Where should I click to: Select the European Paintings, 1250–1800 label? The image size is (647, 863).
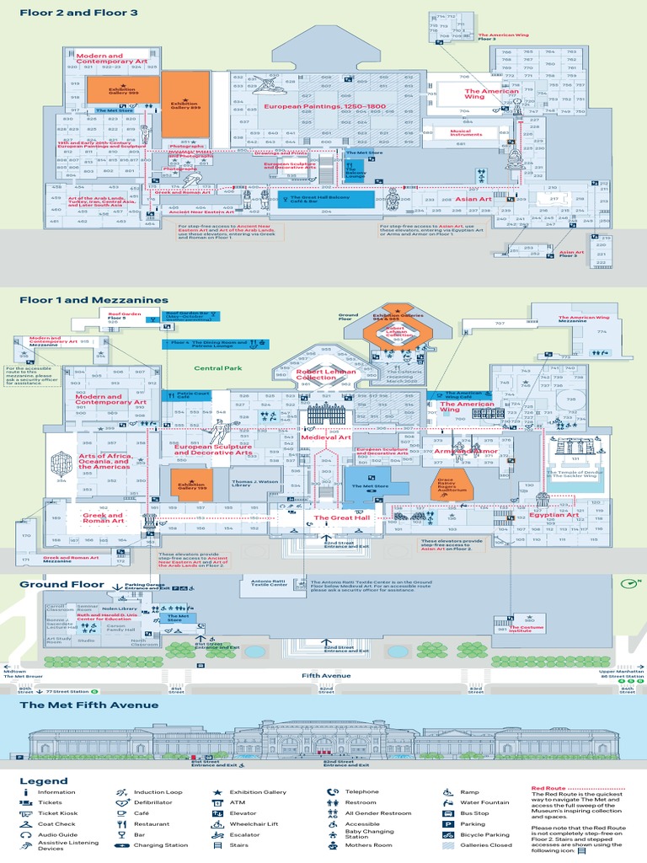click(x=324, y=107)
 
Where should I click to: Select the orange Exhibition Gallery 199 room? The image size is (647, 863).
click(x=191, y=487)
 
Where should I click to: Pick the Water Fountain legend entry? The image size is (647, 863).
click(x=484, y=802)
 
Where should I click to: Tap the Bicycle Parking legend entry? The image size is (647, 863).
click(x=489, y=834)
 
